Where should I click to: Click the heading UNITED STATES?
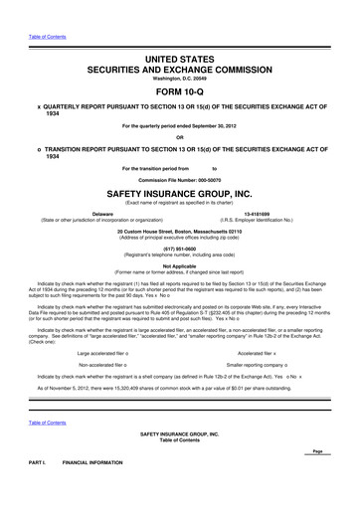coord(180,33)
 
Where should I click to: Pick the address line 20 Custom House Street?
coord(180,231)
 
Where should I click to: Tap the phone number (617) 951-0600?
coord(180,249)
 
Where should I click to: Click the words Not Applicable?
coord(180,265)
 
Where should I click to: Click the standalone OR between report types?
coord(180,109)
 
